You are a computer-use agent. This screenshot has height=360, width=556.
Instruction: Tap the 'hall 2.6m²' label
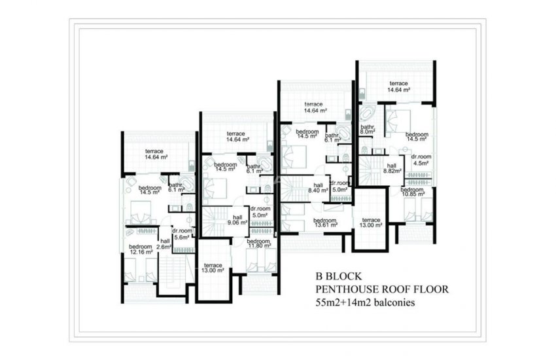click(165, 243)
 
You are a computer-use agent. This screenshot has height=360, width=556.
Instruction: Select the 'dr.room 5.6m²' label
click(182, 234)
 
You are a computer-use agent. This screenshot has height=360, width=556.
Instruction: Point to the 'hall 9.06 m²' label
click(237, 219)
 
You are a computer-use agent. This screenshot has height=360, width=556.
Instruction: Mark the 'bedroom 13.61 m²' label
click(325, 224)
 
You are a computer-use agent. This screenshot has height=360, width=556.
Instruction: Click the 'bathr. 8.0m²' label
click(367, 129)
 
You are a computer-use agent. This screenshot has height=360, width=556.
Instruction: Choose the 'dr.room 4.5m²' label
click(420, 160)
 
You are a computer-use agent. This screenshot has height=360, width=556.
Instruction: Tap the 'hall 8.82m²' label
click(392, 168)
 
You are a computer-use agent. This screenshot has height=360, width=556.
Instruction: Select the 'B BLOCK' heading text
click(339, 275)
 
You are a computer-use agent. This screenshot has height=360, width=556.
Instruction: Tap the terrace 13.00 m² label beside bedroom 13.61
click(371, 223)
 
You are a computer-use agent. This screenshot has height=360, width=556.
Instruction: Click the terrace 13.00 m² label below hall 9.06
click(213, 268)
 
